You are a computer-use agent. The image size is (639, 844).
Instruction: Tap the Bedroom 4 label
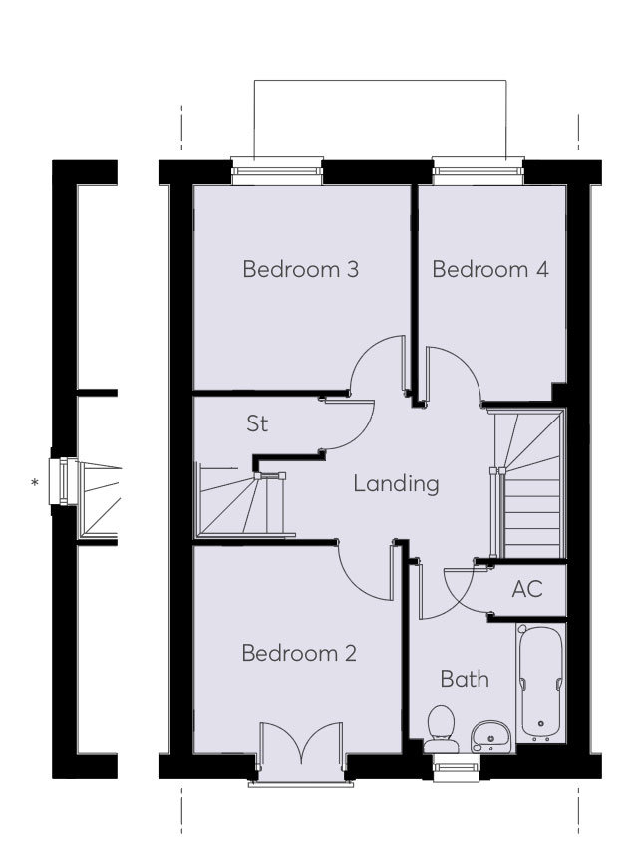490,270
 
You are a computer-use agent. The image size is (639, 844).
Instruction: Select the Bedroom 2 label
299,654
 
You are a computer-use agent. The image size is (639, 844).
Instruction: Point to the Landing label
396,485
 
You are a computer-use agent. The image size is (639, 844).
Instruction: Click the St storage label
257,424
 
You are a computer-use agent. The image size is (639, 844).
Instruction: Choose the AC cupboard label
526,589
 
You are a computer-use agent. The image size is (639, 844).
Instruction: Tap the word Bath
465,680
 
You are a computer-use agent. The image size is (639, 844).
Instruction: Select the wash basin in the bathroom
490,735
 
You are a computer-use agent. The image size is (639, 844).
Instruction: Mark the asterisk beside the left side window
36,484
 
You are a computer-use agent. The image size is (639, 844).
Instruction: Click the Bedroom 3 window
277,170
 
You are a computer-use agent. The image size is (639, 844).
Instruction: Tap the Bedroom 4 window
479,170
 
